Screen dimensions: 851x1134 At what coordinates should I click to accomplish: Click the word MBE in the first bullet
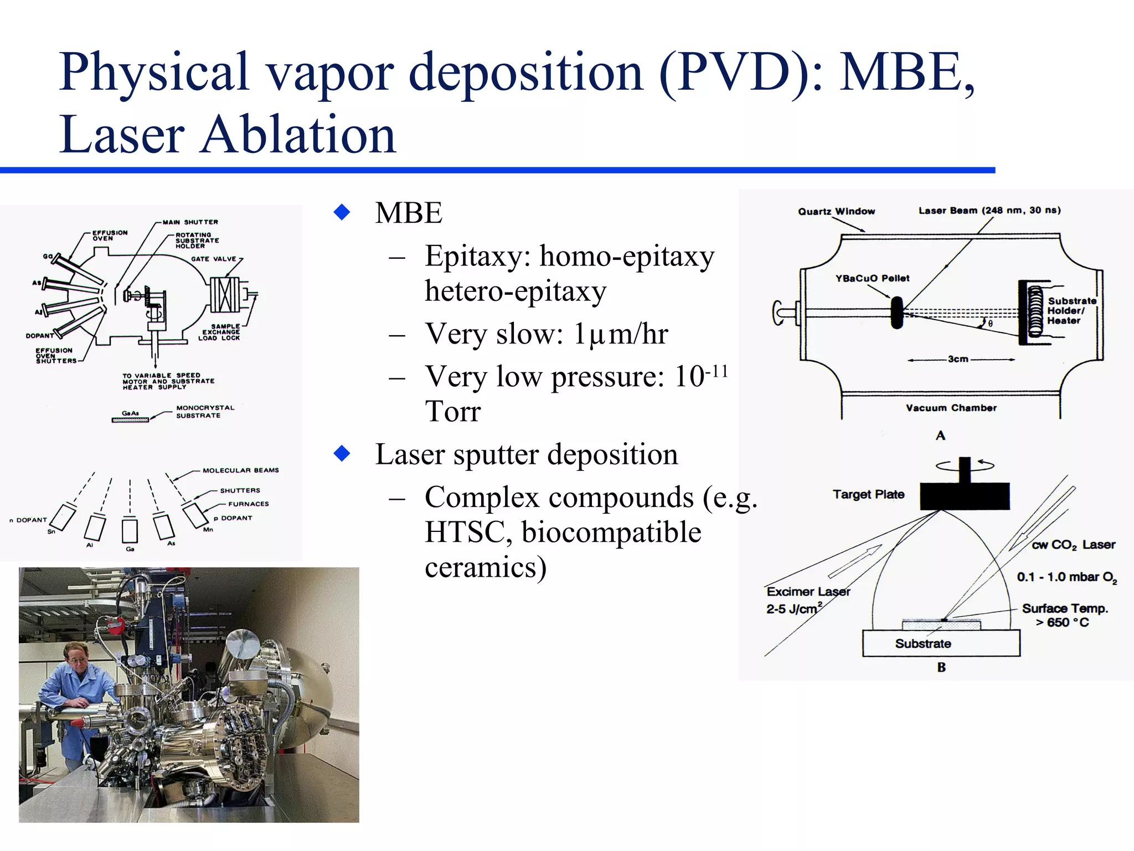click(x=409, y=213)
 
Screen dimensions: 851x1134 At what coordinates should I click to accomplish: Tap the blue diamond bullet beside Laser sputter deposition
click(x=342, y=453)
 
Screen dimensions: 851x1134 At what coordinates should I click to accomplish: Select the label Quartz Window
click(x=836, y=212)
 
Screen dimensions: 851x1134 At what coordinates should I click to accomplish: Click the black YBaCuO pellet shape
click(x=896, y=312)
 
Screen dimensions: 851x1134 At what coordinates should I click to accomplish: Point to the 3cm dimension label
click(x=957, y=359)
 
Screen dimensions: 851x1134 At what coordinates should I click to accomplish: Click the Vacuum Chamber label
click(x=951, y=408)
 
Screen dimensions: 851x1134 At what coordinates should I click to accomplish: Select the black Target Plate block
click(x=965, y=495)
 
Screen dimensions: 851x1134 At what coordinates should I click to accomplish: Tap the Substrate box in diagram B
click(x=940, y=644)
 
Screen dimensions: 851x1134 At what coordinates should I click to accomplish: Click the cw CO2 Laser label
click(x=1073, y=545)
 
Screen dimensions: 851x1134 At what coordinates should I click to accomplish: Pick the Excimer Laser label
click(x=808, y=592)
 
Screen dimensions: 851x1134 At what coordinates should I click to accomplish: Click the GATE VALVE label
click(x=213, y=259)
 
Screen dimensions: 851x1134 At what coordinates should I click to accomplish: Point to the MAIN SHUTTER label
click(x=190, y=222)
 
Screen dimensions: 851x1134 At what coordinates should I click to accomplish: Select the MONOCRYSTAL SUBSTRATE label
click(x=205, y=411)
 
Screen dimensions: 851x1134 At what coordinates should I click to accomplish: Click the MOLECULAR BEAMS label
click(x=240, y=470)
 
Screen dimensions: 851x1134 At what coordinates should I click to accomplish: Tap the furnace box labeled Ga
click(x=130, y=530)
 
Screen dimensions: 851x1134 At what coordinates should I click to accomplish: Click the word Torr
click(x=452, y=411)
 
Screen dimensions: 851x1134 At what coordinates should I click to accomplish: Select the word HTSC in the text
click(x=464, y=532)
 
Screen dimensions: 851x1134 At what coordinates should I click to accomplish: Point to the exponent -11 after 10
click(x=717, y=371)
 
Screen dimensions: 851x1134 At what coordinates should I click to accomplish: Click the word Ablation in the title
click(x=298, y=135)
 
